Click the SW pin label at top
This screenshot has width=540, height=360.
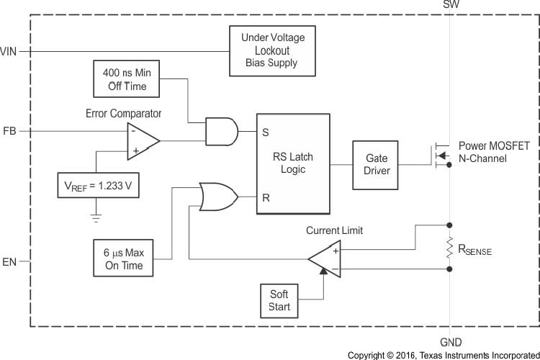tap(450, 5)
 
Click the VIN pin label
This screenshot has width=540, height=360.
tap(9, 51)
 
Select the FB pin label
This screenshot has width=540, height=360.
tap(9, 132)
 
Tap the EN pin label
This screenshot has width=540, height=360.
tap(9, 261)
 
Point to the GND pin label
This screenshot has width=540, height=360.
tap(450, 343)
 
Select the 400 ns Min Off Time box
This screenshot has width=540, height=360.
tap(127, 79)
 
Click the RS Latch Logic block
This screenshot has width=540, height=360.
tap(293, 163)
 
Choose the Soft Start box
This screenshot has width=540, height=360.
tap(279, 300)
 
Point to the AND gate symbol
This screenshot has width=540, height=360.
tap(221, 132)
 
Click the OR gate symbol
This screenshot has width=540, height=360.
tap(217, 196)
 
